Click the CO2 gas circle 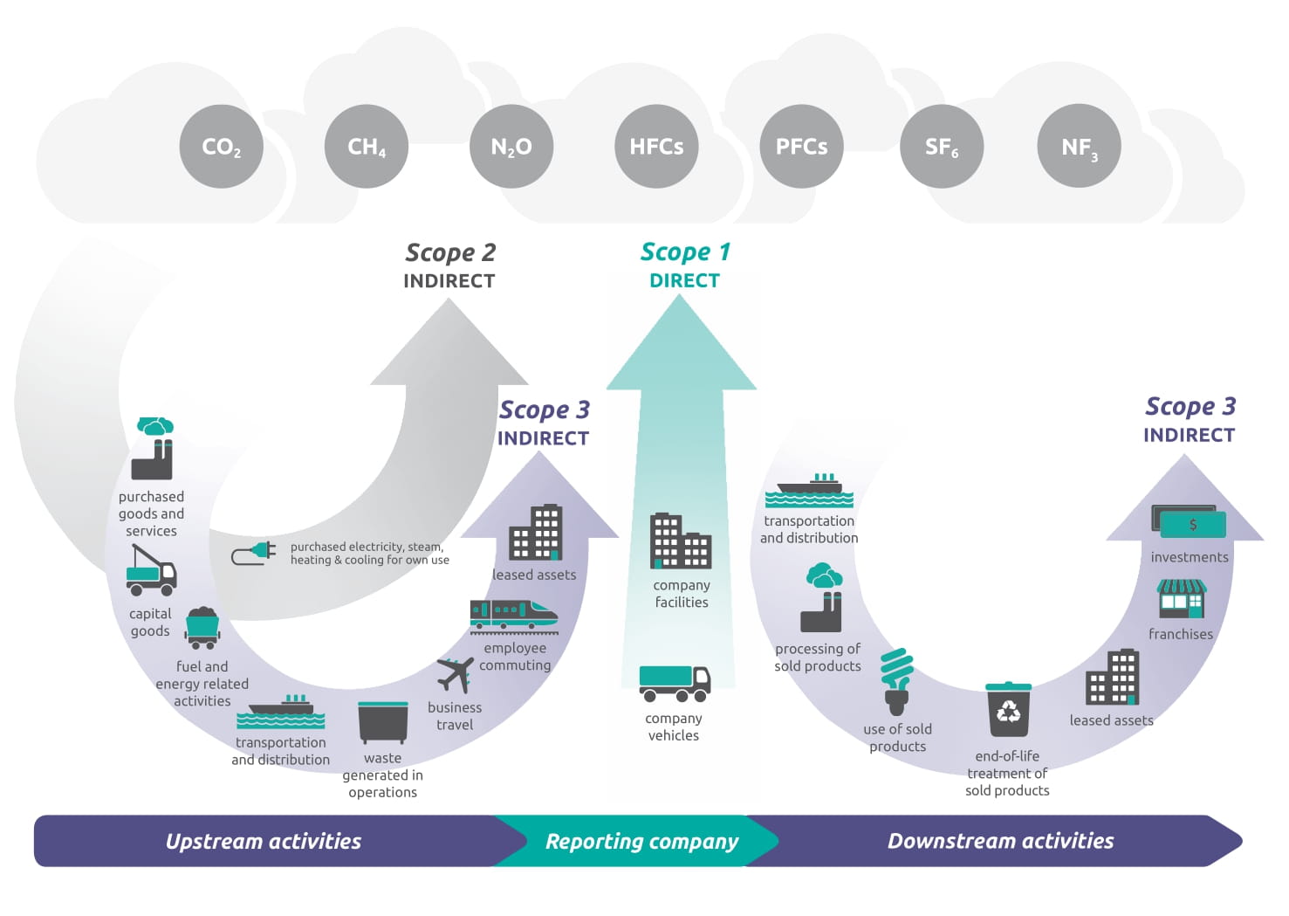[x=221, y=146]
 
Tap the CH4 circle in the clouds [x=366, y=146]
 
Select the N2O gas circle [x=511, y=146]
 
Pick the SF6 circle [x=942, y=146]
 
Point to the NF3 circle [x=1079, y=146]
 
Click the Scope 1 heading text [x=685, y=252]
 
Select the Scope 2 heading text [x=450, y=252]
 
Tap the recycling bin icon [x=1008, y=711]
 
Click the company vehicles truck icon [x=675, y=683]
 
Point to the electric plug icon [x=254, y=554]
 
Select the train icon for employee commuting [x=513, y=615]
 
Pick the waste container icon [x=383, y=722]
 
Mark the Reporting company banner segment [x=641, y=841]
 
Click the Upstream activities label [x=264, y=841]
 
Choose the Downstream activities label [x=1000, y=841]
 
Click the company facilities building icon [x=681, y=541]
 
